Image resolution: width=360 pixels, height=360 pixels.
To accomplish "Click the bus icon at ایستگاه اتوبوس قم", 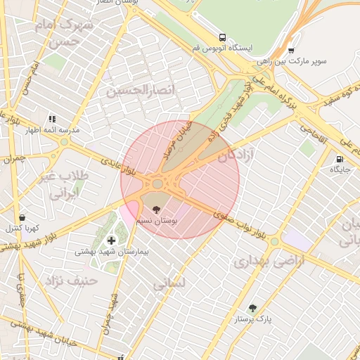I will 222,37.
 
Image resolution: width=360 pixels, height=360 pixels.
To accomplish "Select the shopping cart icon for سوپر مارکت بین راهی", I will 291,51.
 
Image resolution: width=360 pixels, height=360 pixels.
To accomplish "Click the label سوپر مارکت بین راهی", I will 300,62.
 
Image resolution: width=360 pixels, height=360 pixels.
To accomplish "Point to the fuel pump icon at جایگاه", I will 340,160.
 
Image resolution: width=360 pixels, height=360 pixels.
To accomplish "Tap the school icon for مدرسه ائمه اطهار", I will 51,119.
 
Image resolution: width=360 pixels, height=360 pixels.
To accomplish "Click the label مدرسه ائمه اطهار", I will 53,130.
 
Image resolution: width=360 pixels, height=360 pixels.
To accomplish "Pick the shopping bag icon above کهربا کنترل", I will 22,217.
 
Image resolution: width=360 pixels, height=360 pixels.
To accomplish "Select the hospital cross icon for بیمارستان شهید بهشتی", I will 111,240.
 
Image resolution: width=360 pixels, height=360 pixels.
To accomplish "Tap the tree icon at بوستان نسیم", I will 156,209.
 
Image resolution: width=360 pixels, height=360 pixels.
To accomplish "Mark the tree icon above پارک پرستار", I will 253,308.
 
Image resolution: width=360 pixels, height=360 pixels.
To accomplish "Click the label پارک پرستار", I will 254,319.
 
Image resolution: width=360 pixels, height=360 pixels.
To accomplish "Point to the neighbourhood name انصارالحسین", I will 134,90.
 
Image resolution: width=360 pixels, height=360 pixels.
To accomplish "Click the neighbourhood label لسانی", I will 169,283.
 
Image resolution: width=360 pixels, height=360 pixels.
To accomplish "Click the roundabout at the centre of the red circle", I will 157,184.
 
